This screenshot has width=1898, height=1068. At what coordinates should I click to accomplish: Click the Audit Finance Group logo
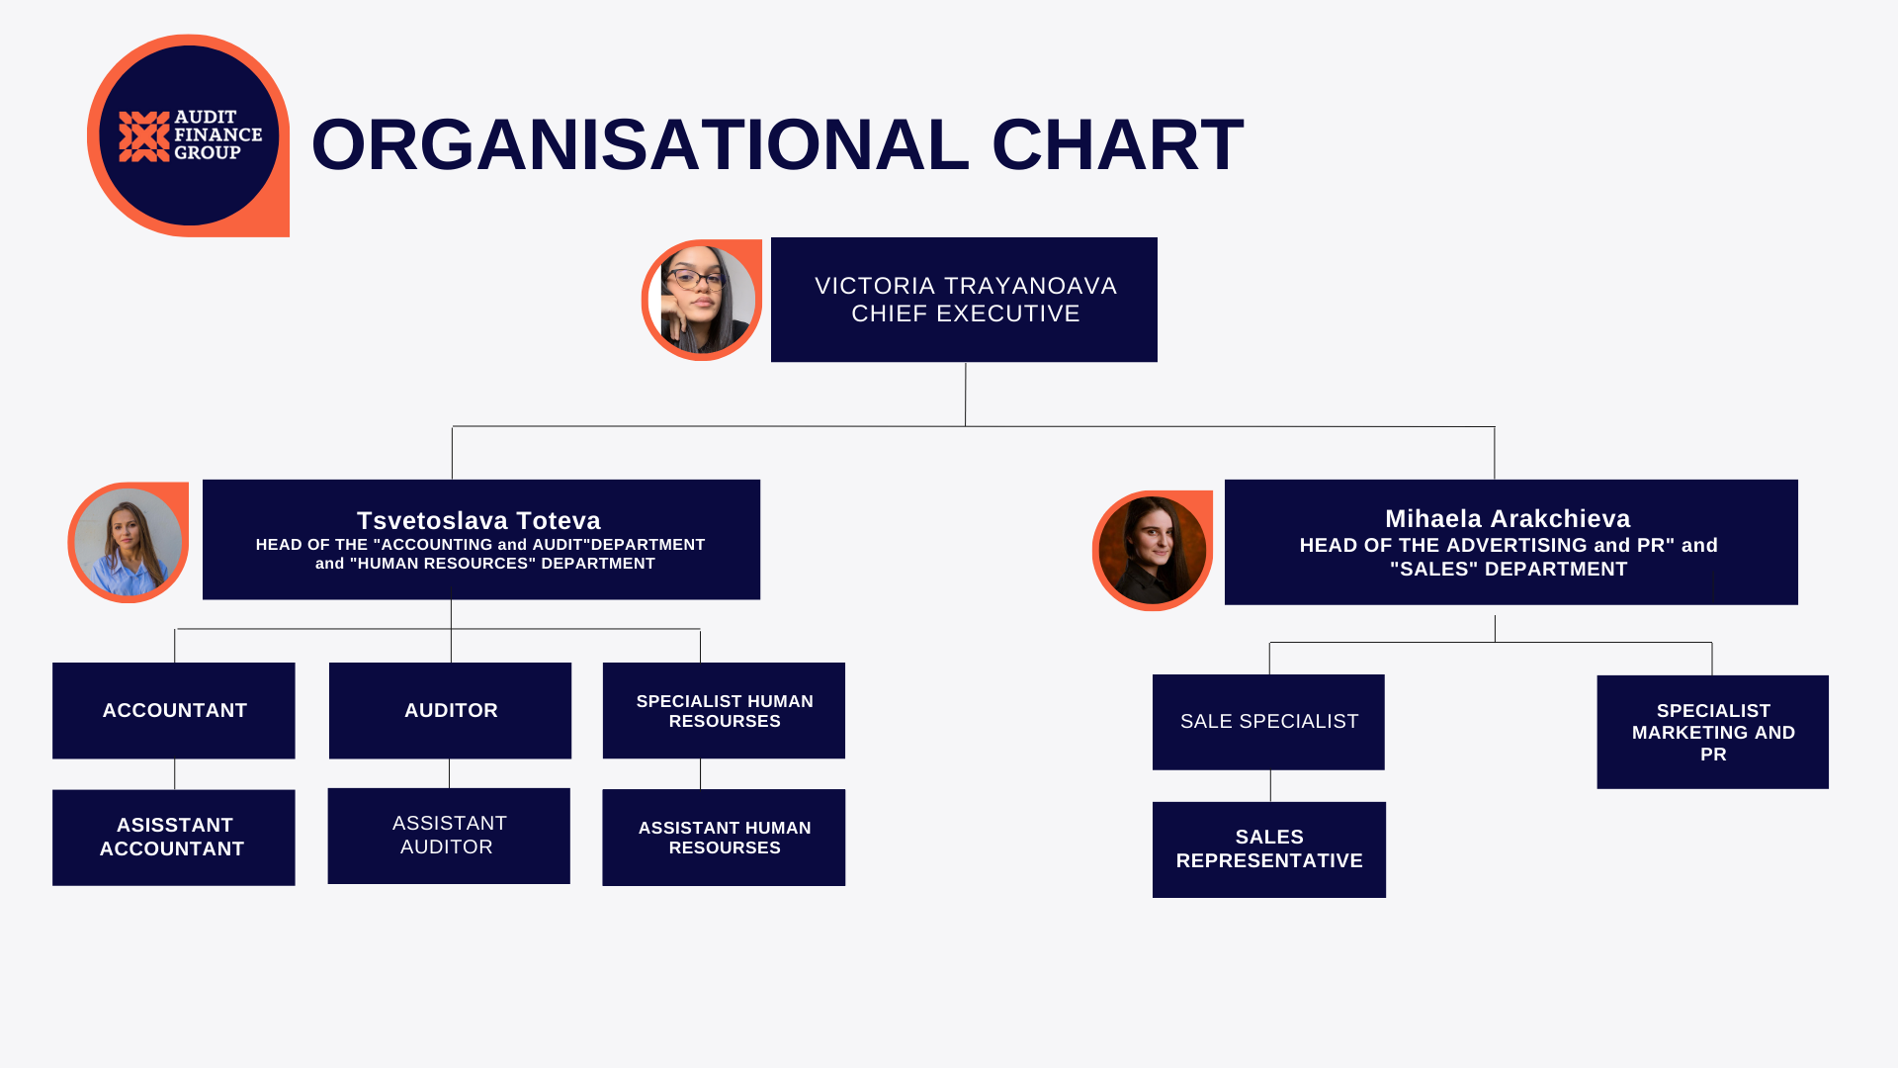[189, 135]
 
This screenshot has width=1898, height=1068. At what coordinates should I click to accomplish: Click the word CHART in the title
[1117, 144]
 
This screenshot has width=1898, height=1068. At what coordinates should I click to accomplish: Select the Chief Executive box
[964, 300]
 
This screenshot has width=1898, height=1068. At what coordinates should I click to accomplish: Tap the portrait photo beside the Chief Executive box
[702, 300]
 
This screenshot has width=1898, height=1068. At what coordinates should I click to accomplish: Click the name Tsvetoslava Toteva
[478, 520]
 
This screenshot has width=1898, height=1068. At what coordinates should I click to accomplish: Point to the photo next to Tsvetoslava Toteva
[129, 542]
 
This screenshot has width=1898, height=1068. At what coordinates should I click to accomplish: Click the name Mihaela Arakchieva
[1508, 518]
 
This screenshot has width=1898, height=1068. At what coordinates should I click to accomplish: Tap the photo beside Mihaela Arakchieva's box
[1153, 550]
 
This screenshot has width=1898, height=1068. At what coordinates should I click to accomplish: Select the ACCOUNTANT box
[174, 710]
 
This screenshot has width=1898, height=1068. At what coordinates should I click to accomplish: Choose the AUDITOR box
[450, 710]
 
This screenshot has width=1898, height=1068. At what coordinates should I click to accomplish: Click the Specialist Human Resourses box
[724, 710]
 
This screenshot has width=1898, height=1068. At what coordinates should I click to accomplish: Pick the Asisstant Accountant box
[174, 837]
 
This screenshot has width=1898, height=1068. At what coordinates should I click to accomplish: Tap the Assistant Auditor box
[449, 836]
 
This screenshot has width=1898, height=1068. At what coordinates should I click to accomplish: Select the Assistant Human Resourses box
[724, 837]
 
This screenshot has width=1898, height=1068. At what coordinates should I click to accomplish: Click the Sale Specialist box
[1268, 722]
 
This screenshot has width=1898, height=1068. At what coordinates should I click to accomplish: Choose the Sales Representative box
[1269, 849]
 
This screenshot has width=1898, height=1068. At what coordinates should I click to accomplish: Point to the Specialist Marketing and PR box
[1712, 732]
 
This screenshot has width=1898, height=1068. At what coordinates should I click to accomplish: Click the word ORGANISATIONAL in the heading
[640, 144]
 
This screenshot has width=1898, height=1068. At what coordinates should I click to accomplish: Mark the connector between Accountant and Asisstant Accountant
[175, 774]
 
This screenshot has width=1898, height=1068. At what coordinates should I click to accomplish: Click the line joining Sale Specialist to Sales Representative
[1270, 786]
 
